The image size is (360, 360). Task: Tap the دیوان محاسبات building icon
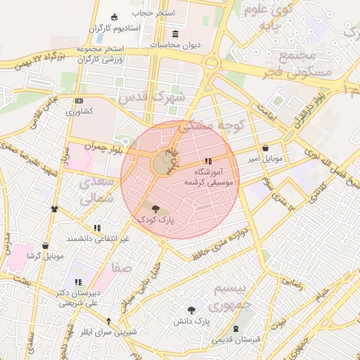175,34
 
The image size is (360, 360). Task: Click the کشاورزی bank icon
78,101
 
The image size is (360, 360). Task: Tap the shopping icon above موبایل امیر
265,148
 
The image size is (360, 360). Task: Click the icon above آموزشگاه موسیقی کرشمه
207,161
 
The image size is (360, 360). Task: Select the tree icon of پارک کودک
155,208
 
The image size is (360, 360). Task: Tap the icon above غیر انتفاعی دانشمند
97,228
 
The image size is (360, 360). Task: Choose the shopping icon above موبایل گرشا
46,245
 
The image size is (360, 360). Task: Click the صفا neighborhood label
121,268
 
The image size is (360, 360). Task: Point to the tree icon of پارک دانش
192,309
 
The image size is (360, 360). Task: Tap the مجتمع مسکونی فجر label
286,64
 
